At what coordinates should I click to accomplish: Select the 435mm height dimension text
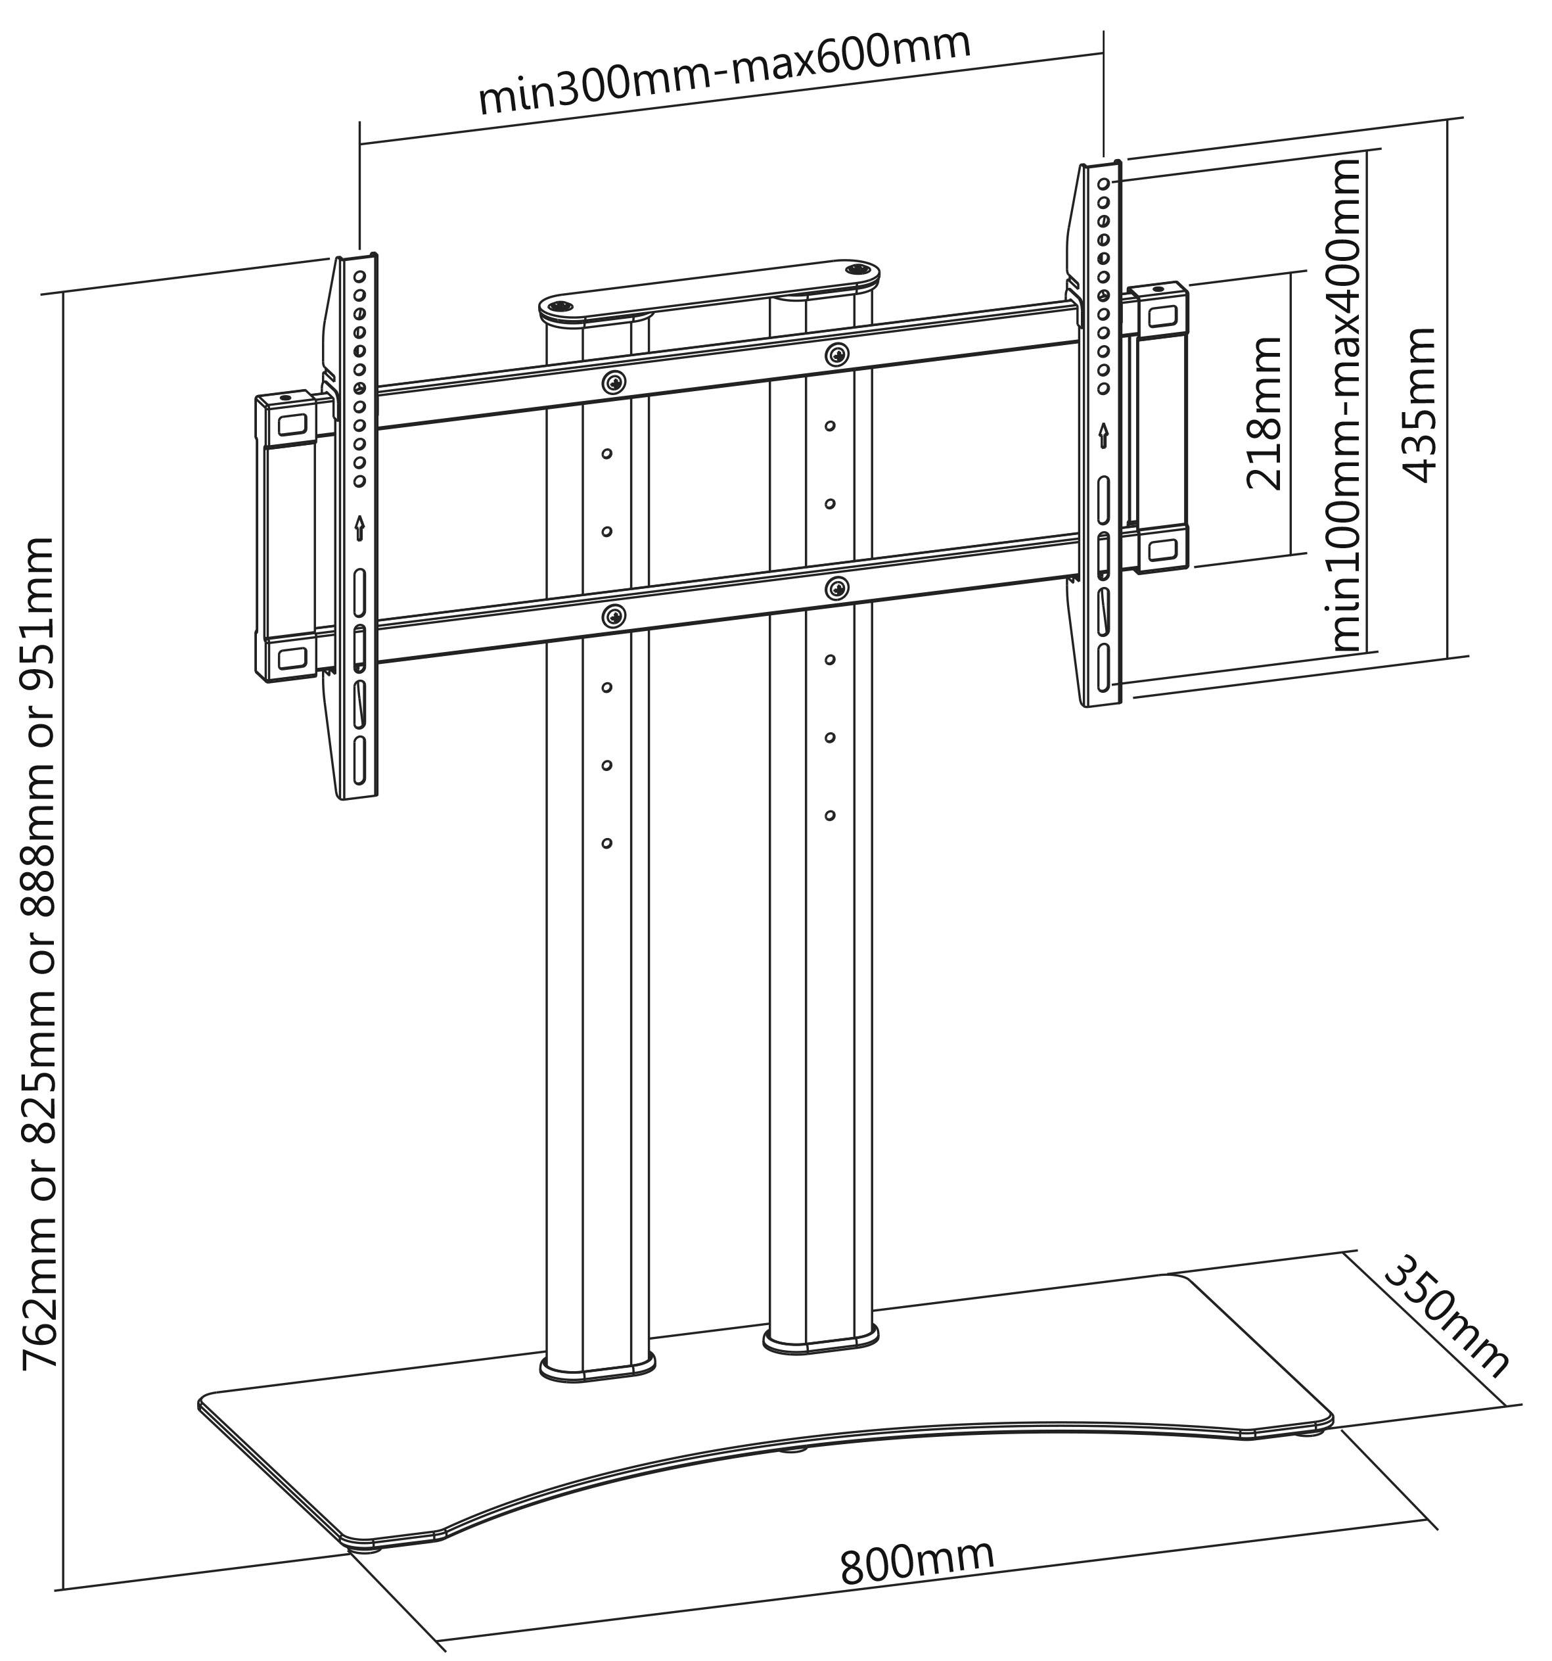point(1419,404)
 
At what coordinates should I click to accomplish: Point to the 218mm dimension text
point(1264,413)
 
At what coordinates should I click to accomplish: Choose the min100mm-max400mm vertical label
point(1346,404)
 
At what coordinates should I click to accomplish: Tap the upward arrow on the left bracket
point(359,527)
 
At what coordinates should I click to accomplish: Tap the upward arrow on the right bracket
point(1103,434)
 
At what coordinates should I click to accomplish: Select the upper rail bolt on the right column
point(836,354)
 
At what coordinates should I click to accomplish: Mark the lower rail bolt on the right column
point(836,588)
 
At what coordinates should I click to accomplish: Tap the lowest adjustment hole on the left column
point(607,843)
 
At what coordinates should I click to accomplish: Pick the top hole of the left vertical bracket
point(359,275)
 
